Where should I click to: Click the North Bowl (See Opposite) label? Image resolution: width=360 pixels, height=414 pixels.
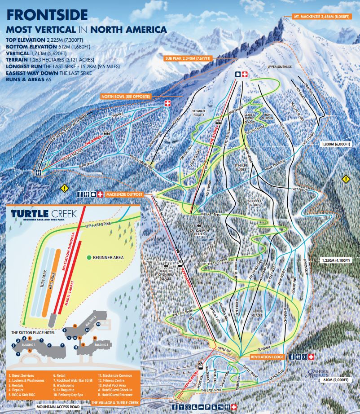125,97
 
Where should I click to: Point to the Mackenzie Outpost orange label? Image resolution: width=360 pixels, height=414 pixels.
124,194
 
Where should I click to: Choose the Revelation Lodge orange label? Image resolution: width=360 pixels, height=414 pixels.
267,357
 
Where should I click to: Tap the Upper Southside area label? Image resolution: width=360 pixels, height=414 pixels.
279,67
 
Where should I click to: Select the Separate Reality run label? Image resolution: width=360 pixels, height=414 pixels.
198,112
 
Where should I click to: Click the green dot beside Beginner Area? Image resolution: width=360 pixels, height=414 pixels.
89,257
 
